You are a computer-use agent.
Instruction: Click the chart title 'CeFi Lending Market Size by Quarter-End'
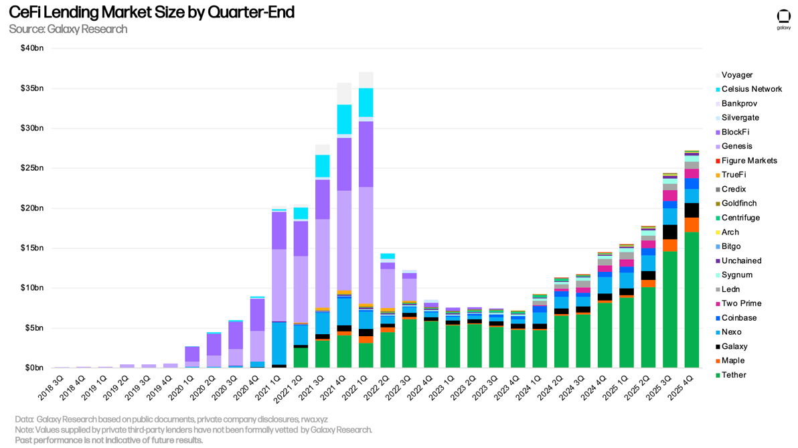pos(151,12)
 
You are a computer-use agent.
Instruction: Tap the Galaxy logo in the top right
pos(783,19)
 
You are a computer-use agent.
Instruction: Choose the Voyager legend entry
pos(736,75)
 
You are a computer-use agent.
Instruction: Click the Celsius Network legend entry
pos(751,89)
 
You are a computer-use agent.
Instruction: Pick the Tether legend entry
pos(733,375)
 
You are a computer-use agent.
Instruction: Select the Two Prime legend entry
pos(740,303)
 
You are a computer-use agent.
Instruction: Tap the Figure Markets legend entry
pos(748,161)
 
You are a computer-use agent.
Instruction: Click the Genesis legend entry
pos(736,146)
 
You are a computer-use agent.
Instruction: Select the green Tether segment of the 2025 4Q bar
pos(692,301)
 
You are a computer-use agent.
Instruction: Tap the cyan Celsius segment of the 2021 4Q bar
pos(344,119)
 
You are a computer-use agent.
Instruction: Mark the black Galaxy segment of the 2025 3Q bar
pos(670,232)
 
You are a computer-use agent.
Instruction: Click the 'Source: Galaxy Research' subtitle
pos(68,29)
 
